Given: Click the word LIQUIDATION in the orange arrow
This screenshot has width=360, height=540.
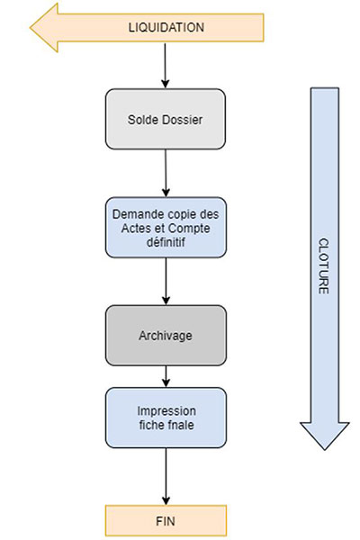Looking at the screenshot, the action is [x=166, y=28].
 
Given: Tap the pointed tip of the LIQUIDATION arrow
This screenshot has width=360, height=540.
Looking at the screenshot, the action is [x=31, y=28].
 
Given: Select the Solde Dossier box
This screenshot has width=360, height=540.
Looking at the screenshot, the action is [x=166, y=119].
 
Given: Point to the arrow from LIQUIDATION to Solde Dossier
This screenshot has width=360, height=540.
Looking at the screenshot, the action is [x=165, y=65].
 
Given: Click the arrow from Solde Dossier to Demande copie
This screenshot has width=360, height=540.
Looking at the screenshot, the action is [x=166, y=173].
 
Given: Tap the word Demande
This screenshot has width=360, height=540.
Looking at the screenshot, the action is [x=134, y=214].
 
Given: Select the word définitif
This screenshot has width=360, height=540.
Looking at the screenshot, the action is [x=166, y=242].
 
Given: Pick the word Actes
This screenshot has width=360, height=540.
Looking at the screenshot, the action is [x=135, y=229].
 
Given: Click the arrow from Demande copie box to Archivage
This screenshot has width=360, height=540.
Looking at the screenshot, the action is [x=166, y=281].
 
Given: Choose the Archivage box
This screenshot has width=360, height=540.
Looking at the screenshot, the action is [x=166, y=335].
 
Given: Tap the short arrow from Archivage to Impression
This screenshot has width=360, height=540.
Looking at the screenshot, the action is [x=166, y=376].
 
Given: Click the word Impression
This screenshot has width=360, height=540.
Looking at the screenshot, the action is [x=166, y=411].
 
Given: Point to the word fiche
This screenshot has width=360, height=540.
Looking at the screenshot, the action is [x=151, y=425].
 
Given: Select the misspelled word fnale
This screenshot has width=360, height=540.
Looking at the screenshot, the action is [x=181, y=425].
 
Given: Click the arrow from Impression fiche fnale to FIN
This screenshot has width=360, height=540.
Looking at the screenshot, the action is [x=166, y=476].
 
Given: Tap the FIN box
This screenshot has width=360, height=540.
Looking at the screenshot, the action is [x=166, y=520].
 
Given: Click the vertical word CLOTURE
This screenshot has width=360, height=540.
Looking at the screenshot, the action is [x=323, y=265].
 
